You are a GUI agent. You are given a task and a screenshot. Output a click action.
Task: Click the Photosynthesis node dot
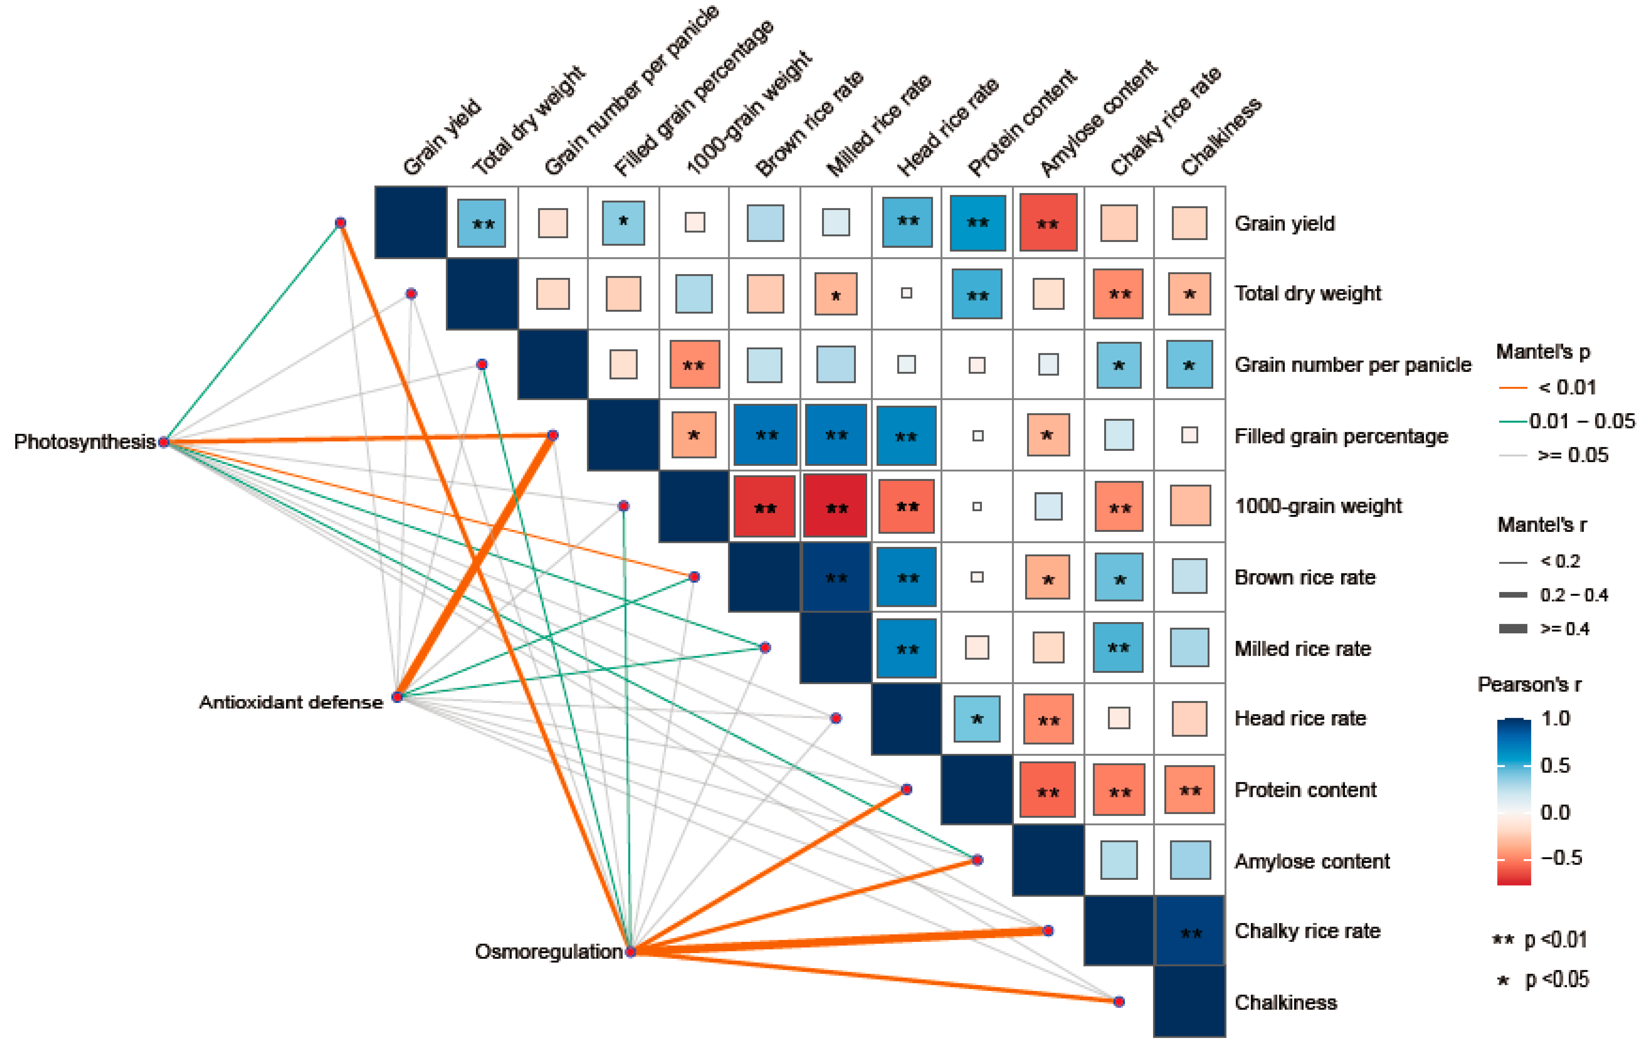click(164, 442)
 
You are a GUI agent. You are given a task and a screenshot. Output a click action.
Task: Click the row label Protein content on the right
click(1305, 790)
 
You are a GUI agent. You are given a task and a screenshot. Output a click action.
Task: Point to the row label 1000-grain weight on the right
click(1317, 506)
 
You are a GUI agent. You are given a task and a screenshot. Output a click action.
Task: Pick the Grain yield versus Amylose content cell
click(1048, 223)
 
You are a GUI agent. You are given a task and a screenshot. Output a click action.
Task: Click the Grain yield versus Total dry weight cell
click(482, 223)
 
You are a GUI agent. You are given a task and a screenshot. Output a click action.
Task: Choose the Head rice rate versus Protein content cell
click(977, 719)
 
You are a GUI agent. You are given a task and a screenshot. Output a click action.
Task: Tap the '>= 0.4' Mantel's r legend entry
click(1565, 628)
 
